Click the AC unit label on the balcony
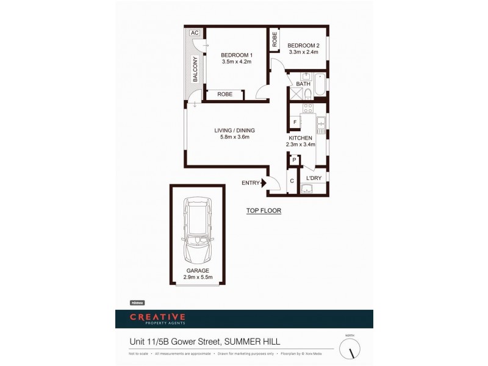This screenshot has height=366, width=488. [195, 33]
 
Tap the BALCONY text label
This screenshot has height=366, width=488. [195, 69]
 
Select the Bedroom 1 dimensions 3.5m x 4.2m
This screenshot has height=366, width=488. [236, 62]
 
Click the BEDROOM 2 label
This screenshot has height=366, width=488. [303, 46]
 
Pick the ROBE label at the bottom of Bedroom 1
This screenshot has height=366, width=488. [225, 95]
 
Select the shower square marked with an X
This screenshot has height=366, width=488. [295, 93]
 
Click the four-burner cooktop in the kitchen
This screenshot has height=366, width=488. [308, 109]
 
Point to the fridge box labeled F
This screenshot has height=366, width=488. [295, 122]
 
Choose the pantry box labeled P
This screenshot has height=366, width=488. [294, 160]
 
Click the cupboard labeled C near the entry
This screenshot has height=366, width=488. [292, 181]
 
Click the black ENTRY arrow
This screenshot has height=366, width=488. [264, 182]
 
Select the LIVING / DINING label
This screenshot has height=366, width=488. [234, 131]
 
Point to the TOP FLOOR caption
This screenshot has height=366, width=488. [264, 210]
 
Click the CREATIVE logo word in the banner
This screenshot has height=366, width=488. [157, 317]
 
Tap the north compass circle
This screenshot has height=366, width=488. [350, 348]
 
